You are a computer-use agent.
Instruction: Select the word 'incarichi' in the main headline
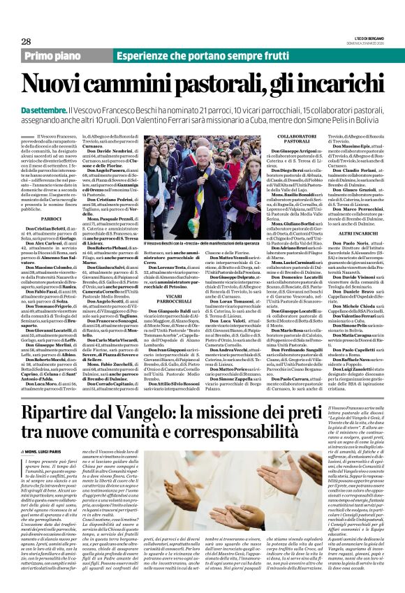click(x=340, y=85)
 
